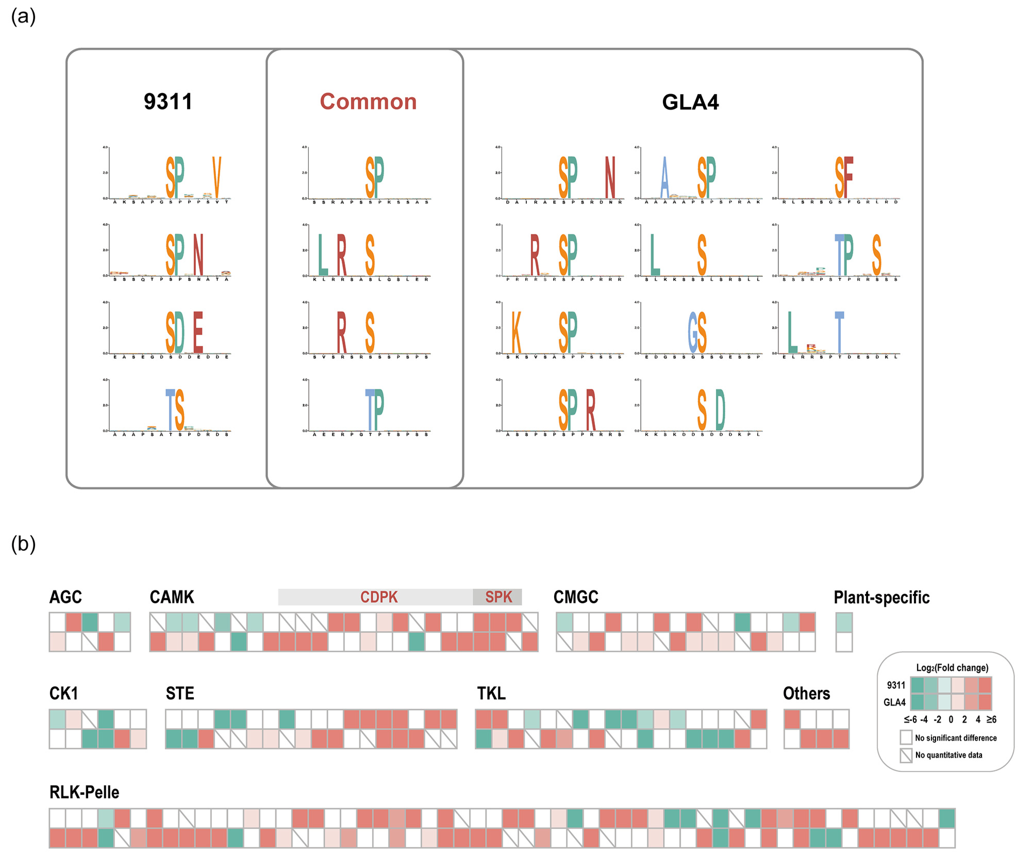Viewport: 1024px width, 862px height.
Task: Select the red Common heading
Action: (x=368, y=102)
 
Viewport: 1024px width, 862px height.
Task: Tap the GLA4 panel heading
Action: (x=690, y=102)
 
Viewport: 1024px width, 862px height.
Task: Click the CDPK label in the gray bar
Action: (x=379, y=597)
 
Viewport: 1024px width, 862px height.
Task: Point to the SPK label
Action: (x=498, y=597)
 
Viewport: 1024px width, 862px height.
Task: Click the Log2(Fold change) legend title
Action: (x=952, y=667)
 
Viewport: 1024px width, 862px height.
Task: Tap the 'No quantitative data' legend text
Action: (x=948, y=755)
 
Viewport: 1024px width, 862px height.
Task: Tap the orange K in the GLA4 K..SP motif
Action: (x=516, y=332)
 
